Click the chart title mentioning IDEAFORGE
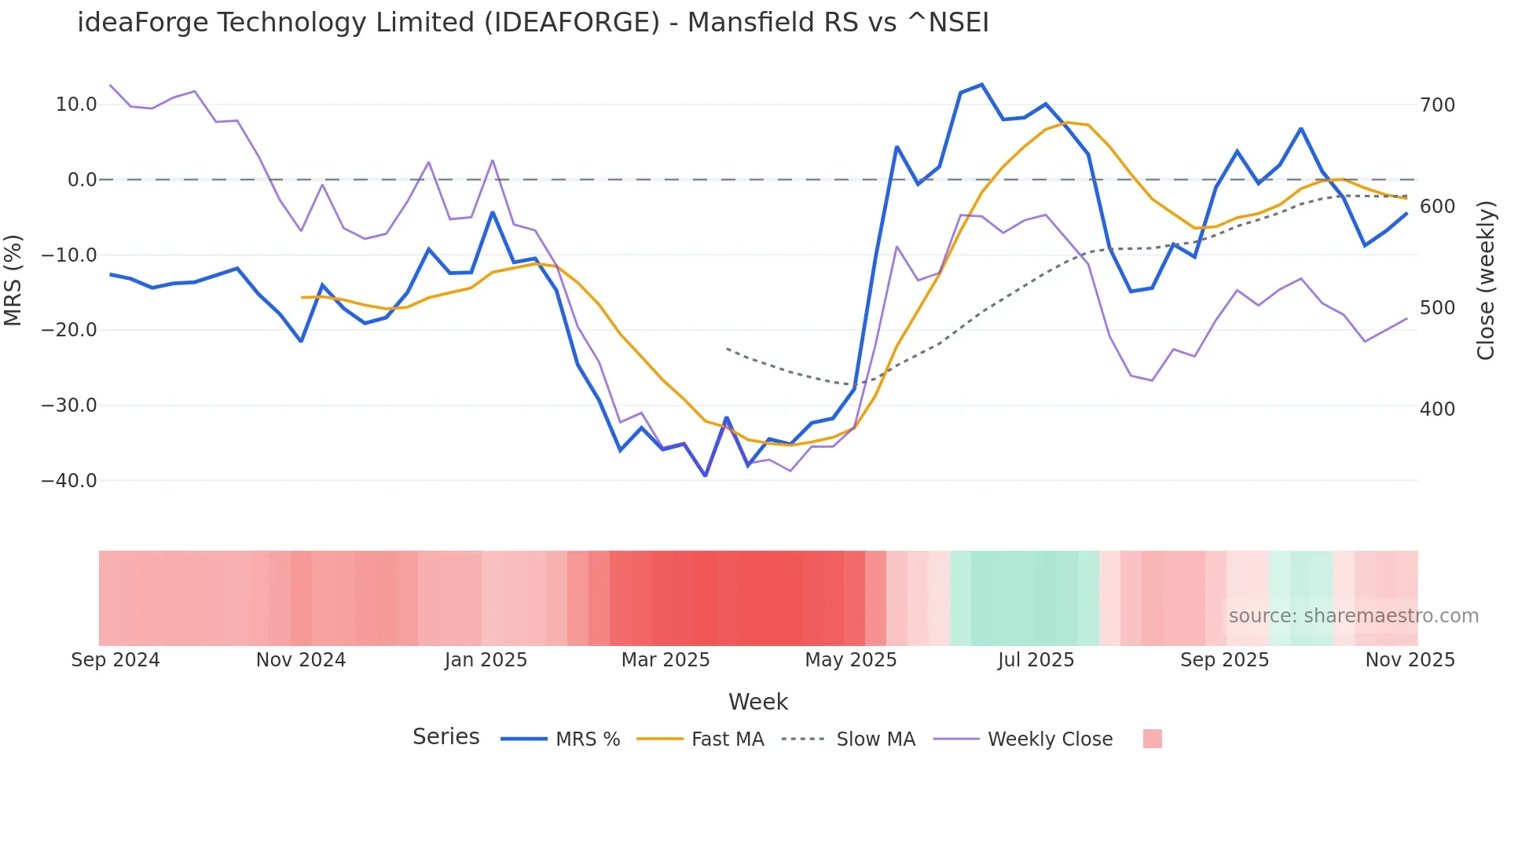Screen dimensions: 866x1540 (x=533, y=23)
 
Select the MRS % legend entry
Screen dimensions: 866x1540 (x=560, y=739)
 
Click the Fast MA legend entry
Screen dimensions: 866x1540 (x=700, y=739)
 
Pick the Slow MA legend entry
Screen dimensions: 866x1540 (x=849, y=739)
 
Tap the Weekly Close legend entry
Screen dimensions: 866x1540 (x=1023, y=739)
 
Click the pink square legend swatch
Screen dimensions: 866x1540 (x=1152, y=739)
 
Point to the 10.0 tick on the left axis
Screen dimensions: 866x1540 (x=76, y=105)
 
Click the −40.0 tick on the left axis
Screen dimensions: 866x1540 (x=69, y=480)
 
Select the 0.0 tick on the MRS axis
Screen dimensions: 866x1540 (x=82, y=180)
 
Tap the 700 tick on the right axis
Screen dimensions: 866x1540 (x=1437, y=105)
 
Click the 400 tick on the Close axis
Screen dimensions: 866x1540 (x=1437, y=409)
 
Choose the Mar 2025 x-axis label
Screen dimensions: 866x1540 (x=665, y=660)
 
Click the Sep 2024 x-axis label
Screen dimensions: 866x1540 (x=115, y=660)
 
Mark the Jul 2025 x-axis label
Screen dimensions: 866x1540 (x=1036, y=660)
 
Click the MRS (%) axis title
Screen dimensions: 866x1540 (x=13, y=281)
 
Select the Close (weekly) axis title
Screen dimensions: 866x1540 (x=1485, y=281)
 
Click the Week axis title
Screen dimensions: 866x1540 (x=757, y=702)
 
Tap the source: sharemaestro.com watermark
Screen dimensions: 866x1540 (x=1353, y=616)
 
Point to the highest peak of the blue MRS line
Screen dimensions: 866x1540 (x=982, y=85)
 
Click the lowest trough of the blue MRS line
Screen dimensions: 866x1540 (x=706, y=475)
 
